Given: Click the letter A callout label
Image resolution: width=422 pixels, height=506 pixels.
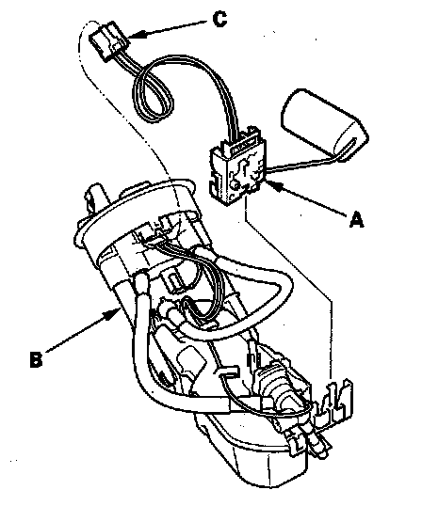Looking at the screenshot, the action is [356, 220].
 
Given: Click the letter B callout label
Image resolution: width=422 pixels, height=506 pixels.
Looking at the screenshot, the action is [36, 359].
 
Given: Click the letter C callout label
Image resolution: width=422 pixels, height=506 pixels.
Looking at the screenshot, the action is [220, 19].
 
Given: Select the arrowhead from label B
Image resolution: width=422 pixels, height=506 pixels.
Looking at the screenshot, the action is [114, 313].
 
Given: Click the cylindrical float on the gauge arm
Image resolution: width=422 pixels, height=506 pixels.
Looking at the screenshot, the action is [324, 124].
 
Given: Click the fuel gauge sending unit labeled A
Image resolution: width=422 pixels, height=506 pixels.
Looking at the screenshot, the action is [237, 173].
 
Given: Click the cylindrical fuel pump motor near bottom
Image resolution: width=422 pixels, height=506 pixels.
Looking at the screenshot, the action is [281, 387].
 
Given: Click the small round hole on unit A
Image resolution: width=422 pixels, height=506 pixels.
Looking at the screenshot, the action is [235, 184].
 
